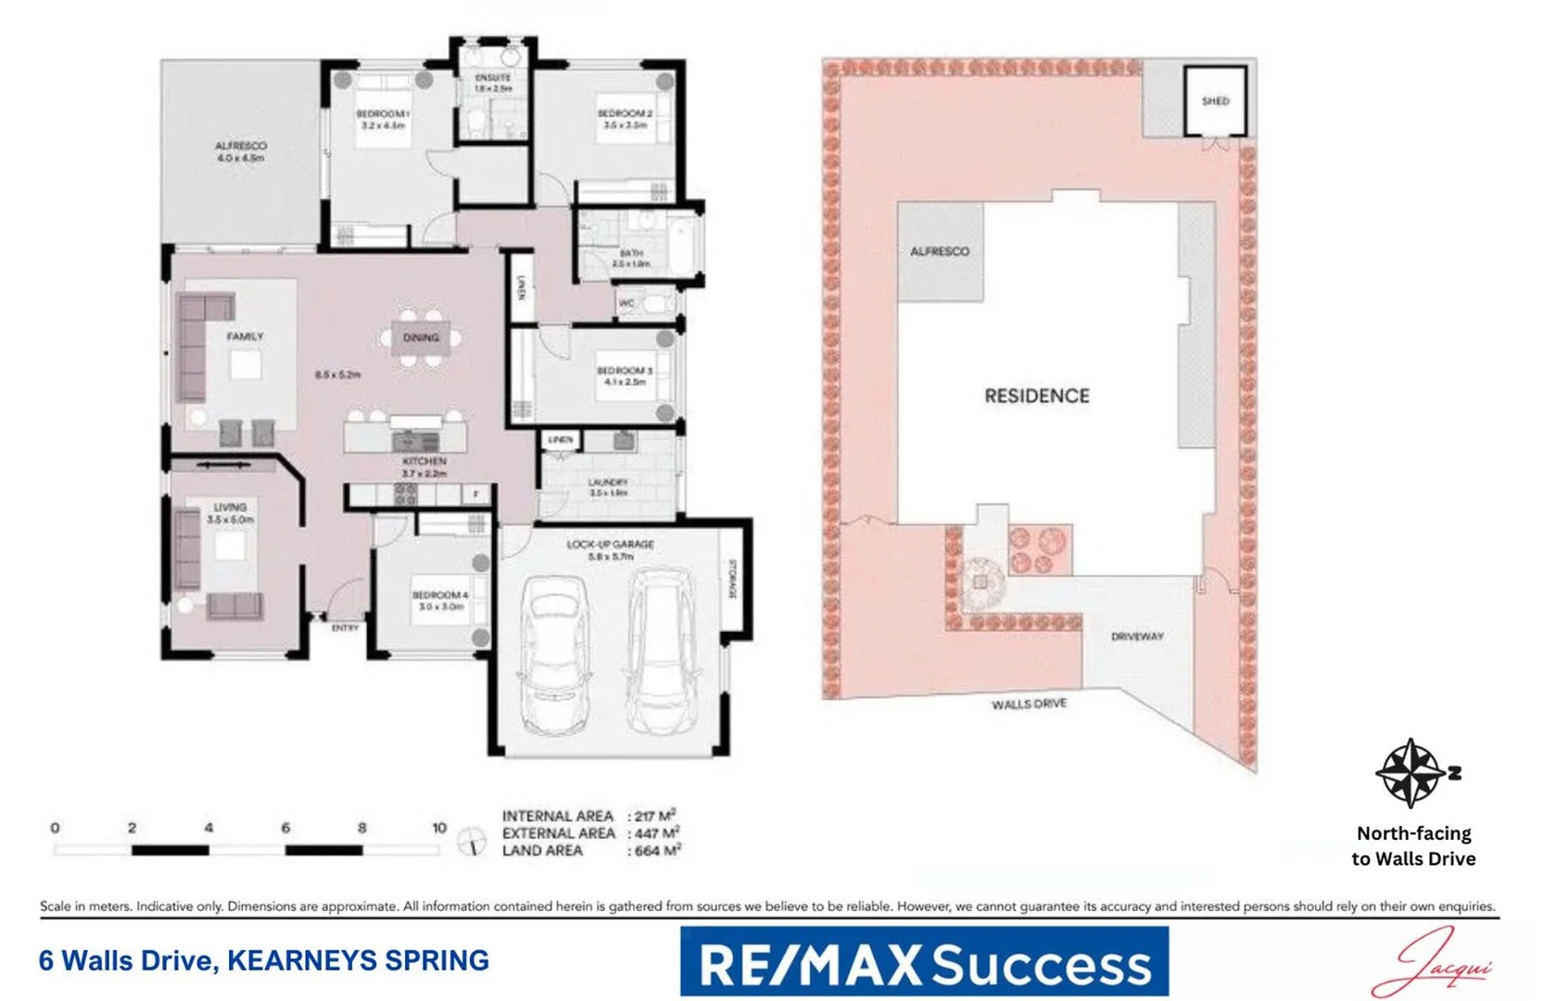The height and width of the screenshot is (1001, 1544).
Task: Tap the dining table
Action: coord(421,338)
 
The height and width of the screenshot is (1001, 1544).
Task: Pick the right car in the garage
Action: coord(660,647)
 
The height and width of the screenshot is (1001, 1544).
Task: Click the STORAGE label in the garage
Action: coord(732,579)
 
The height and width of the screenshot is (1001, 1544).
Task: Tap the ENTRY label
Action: coord(345,628)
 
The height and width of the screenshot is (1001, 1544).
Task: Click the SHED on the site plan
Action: coord(1215,101)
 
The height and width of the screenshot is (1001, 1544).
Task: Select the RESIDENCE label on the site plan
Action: coord(1036,396)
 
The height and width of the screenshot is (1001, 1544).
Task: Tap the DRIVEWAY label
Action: coord(1136,637)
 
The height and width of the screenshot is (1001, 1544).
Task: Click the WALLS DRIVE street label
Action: coord(1029,704)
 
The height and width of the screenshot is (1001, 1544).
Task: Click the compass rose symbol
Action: coord(1410,772)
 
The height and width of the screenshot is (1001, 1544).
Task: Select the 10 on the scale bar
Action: coord(438,828)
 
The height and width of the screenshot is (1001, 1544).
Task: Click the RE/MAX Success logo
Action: coord(924,963)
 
